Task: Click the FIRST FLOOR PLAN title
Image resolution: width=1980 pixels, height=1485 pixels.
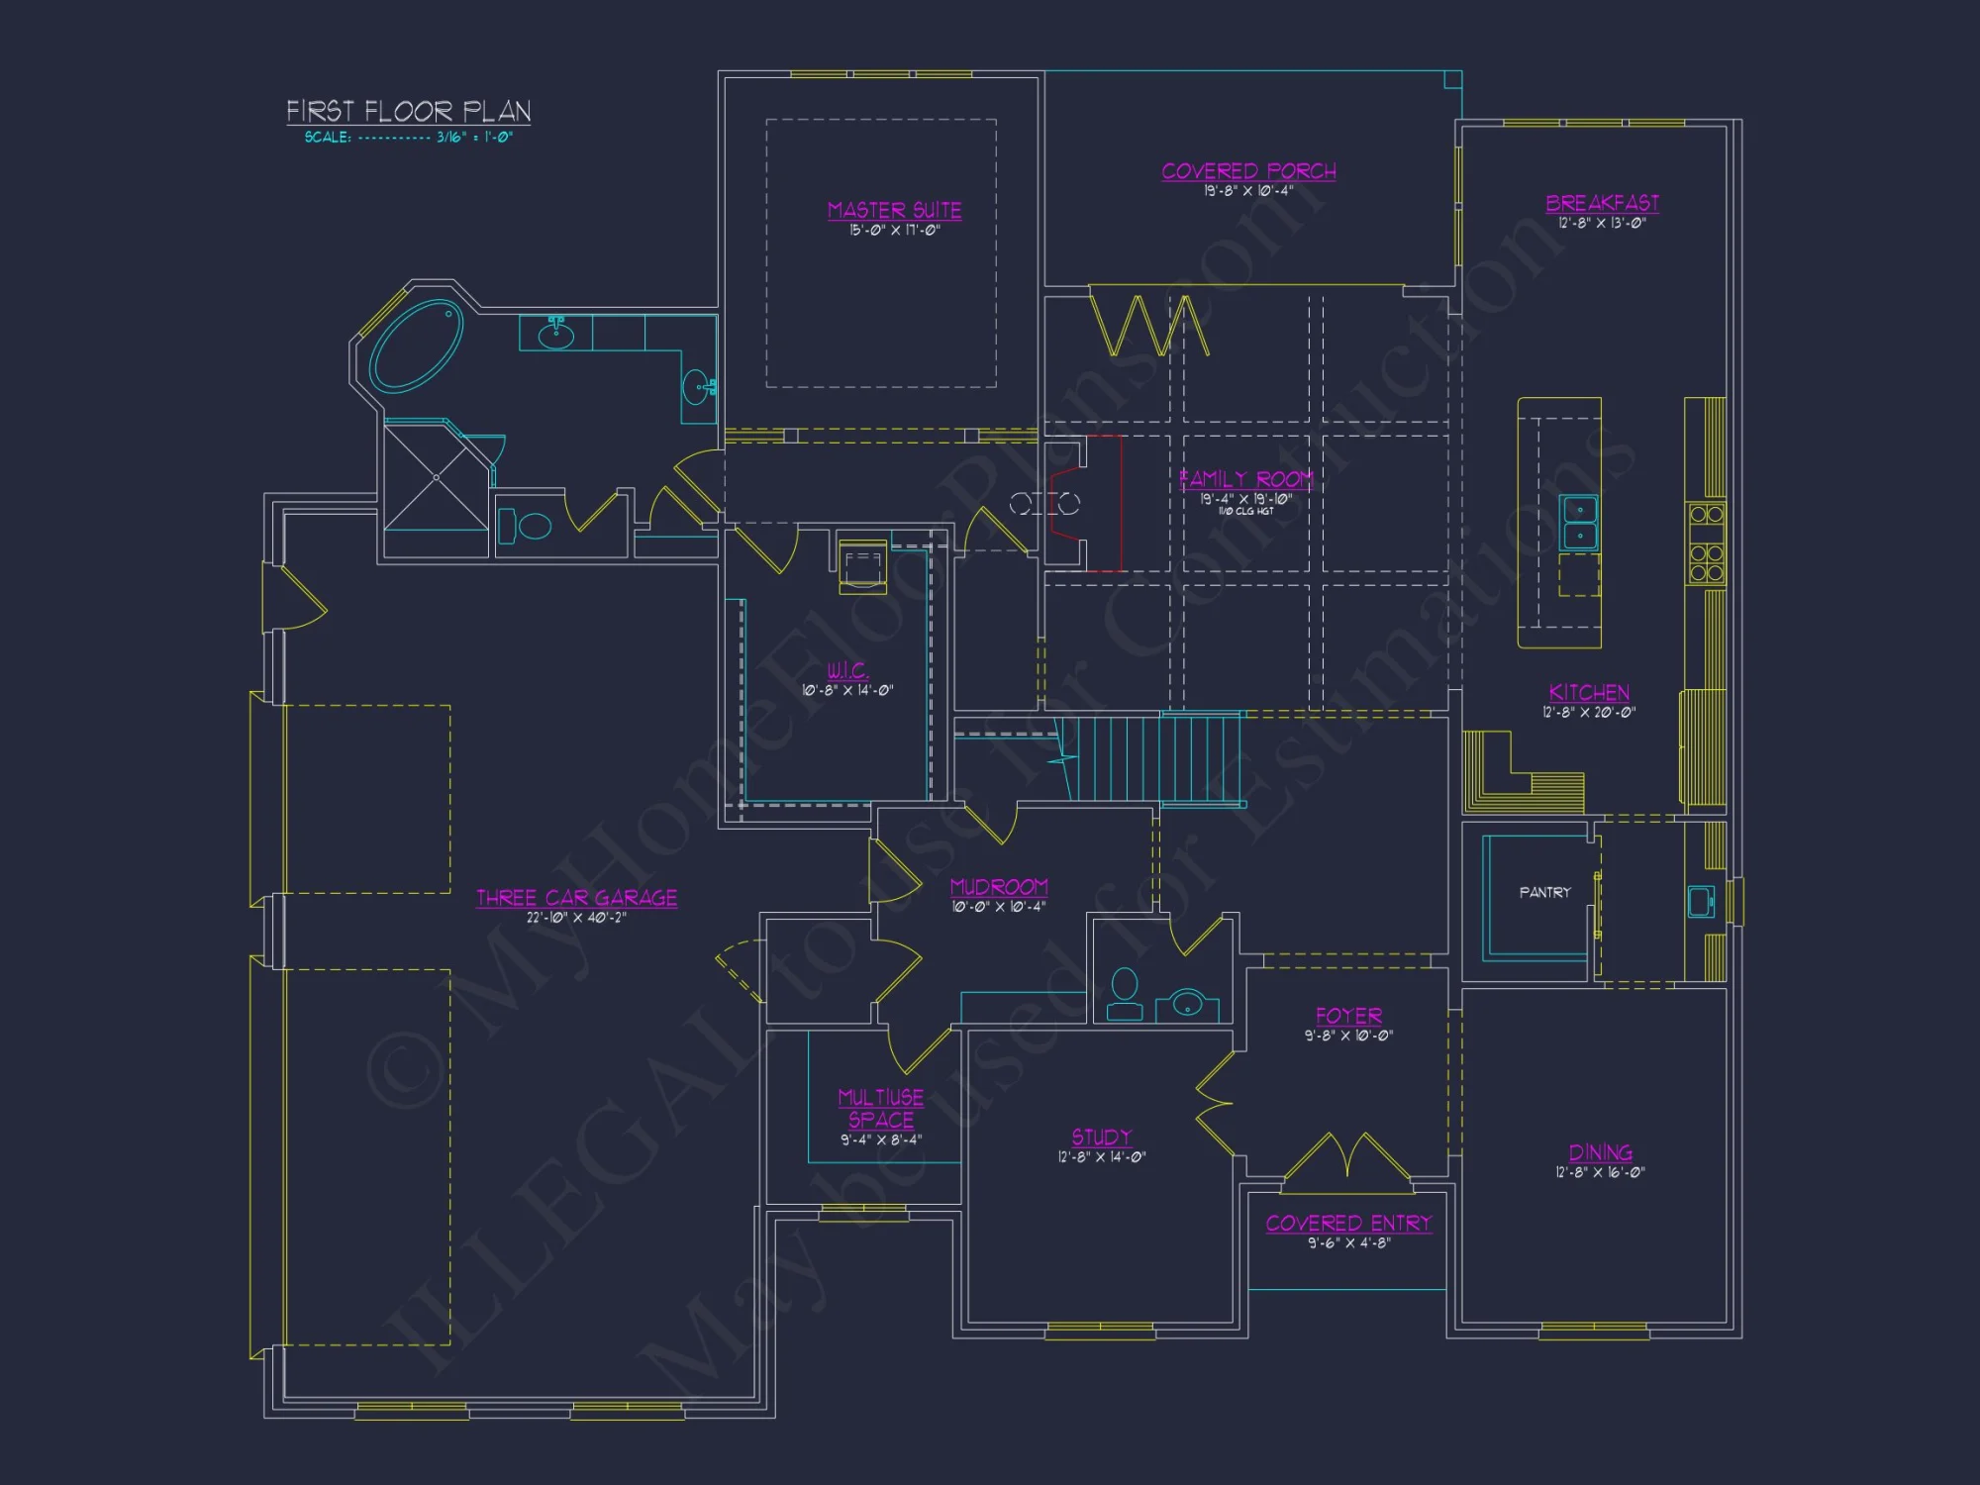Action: [x=408, y=111]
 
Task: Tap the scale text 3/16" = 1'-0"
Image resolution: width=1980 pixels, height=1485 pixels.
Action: [x=474, y=138]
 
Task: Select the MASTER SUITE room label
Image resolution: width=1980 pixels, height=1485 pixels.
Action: [x=894, y=210]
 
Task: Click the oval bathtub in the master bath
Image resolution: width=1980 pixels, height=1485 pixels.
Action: [x=417, y=345]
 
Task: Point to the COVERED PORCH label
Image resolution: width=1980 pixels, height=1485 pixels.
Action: [x=1248, y=171]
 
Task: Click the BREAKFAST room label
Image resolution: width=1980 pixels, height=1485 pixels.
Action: [x=1602, y=203]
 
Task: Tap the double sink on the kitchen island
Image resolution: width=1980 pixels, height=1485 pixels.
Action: [x=1579, y=522]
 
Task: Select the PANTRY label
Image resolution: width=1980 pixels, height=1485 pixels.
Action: [x=1544, y=892]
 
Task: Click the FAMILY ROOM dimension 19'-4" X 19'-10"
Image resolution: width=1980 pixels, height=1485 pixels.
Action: [x=1245, y=499]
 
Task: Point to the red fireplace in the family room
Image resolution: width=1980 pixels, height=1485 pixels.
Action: [x=1087, y=503]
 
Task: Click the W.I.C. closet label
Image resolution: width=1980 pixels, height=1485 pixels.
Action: [x=847, y=670]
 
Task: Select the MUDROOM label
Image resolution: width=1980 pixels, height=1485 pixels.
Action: [x=998, y=886]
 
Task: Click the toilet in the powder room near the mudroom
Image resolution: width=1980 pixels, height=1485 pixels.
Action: [x=1124, y=994]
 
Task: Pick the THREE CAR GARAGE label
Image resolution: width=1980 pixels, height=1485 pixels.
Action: [x=576, y=898]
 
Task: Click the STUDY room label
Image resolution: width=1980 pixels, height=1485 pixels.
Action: [x=1101, y=1137]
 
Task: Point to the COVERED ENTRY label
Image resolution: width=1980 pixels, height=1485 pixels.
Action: [x=1348, y=1224]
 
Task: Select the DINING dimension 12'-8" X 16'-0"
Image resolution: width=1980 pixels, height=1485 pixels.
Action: [x=1600, y=1172]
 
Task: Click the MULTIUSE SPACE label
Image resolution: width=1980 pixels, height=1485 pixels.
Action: [x=880, y=1108]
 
